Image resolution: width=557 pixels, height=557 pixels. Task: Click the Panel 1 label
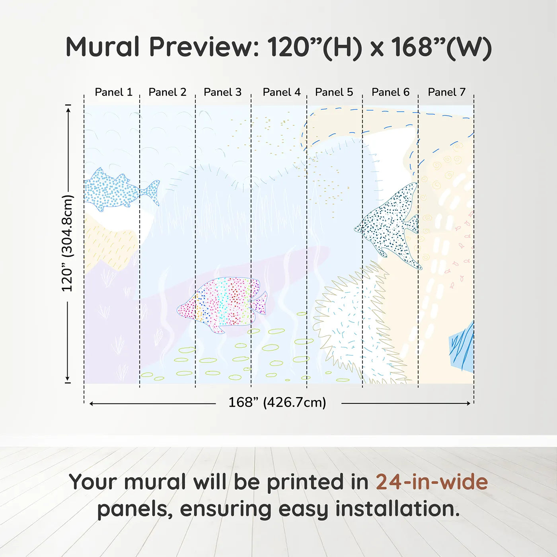(x=113, y=92)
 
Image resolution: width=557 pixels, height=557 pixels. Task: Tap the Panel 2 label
(x=167, y=92)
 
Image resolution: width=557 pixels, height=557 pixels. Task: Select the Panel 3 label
(x=222, y=92)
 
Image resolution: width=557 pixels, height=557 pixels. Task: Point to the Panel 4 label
(x=281, y=92)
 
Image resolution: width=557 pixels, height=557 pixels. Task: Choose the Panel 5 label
(x=334, y=92)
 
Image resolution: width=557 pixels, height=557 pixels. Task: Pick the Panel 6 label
(x=390, y=92)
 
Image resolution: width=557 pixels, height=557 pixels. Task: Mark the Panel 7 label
(x=446, y=92)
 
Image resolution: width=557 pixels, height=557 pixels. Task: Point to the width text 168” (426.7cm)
(x=277, y=403)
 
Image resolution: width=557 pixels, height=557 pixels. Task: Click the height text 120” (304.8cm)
(x=67, y=243)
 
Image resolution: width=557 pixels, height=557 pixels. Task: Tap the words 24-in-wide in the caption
(x=431, y=482)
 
